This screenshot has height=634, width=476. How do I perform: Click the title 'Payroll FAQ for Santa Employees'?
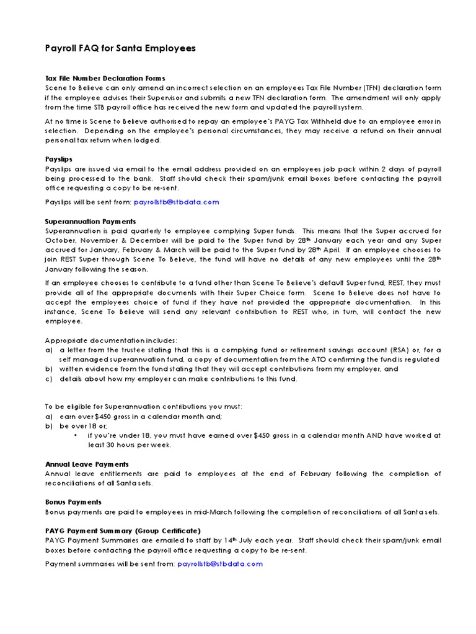pyautogui.click(x=121, y=48)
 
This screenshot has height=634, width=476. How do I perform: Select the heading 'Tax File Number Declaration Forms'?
pyautogui.click(x=105, y=78)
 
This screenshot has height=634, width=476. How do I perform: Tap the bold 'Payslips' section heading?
pyautogui.click(x=59, y=159)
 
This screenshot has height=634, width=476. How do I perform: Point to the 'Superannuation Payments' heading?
pyautogui.click(x=90, y=221)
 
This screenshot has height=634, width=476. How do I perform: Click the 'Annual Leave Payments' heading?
pyautogui.click(x=87, y=464)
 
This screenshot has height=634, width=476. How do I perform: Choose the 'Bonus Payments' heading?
pyautogui.click(x=73, y=502)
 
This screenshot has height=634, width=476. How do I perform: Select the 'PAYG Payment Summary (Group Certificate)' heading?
pyautogui.click(x=123, y=531)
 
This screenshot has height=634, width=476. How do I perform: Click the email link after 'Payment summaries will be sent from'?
pyautogui.click(x=220, y=563)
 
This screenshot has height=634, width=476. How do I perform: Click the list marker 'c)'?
pyautogui.click(x=50, y=378)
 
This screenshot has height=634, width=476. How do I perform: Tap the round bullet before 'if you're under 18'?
pyautogui.click(x=75, y=435)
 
